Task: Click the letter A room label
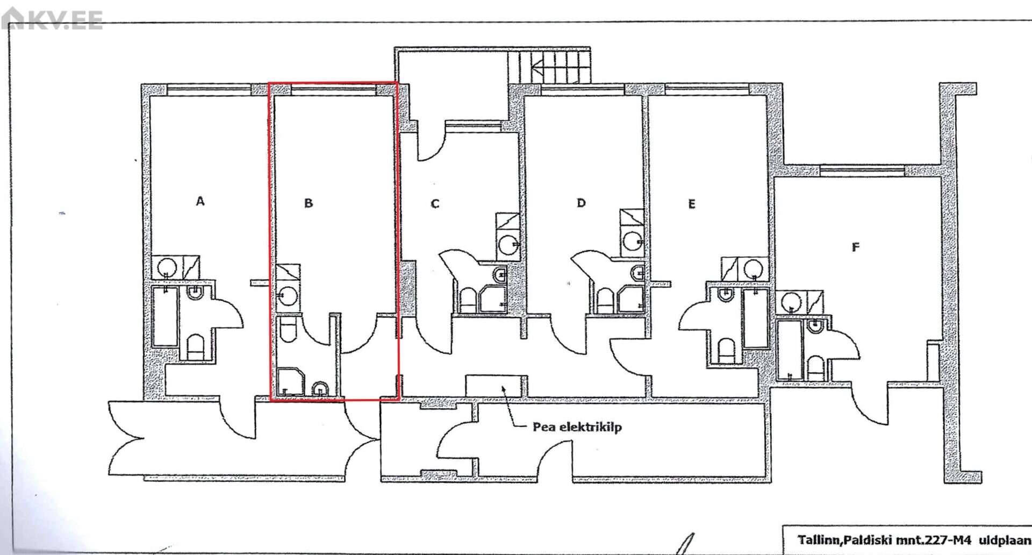point(200,201)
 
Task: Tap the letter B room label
point(309,203)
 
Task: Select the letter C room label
point(435,204)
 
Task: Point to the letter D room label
point(581,203)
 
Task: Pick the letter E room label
point(692,204)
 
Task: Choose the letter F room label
point(856,247)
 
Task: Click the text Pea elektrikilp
point(577,427)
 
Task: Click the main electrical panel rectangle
point(494,386)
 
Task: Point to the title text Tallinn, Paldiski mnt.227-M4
point(884,539)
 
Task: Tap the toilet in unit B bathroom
point(289,330)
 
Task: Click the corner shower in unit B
point(291,382)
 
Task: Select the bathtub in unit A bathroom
point(165,316)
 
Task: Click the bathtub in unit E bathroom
point(755,318)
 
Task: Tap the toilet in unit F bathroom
point(815,367)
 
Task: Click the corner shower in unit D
point(630,299)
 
